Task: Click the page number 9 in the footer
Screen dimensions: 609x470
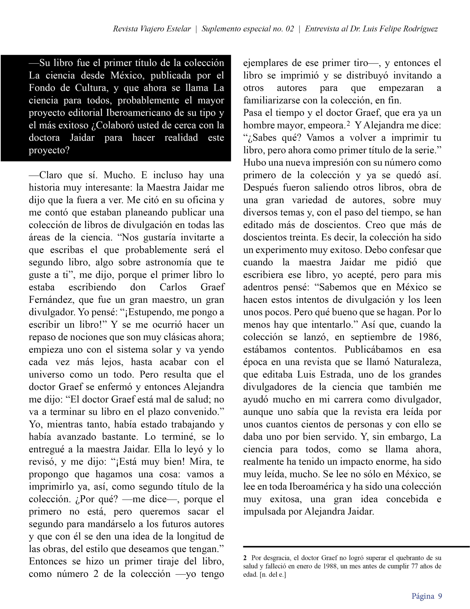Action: click(440, 596)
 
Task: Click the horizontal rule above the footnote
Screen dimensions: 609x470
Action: click(356, 547)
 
